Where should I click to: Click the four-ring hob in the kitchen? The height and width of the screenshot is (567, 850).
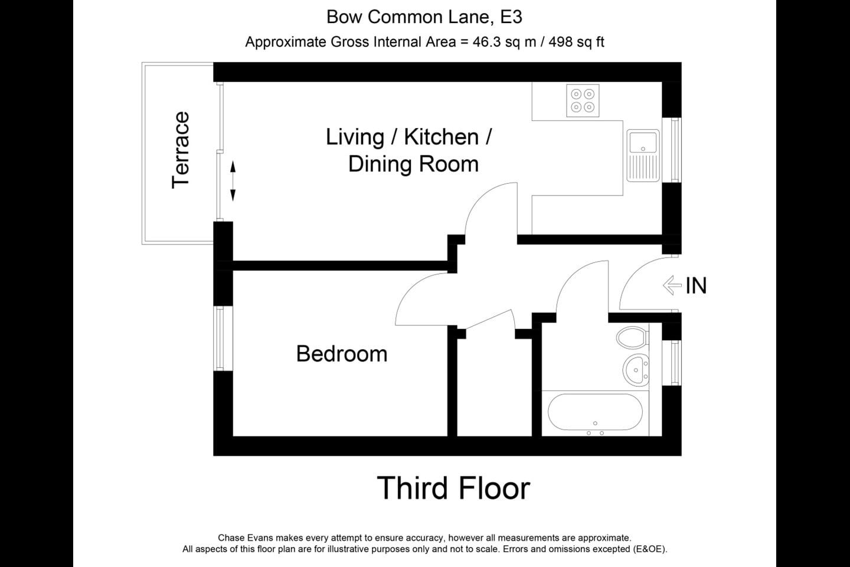click(x=583, y=100)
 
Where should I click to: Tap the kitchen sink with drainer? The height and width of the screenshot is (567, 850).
click(x=643, y=155)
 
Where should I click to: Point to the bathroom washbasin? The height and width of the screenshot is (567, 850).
click(x=636, y=370)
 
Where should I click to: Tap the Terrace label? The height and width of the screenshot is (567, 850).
click(x=180, y=150)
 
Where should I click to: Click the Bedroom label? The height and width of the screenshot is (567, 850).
click(x=342, y=354)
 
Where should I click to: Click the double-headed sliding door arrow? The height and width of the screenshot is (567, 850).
click(x=233, y=181)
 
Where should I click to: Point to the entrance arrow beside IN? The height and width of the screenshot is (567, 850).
click(x=672, y=285)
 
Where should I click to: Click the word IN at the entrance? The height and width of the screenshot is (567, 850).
click(x=696, y=286)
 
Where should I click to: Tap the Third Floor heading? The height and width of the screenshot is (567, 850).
click(x=453, y=488)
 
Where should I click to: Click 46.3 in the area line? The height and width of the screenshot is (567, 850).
click(x=487, y=42)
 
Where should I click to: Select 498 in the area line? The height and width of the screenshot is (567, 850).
click(x=561, y=42)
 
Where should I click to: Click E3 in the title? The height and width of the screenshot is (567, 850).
click(x=511, y=17)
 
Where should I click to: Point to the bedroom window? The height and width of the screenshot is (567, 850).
click(x=220, y=338)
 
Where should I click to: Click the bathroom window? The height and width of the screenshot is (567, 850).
click(x=674, y=363)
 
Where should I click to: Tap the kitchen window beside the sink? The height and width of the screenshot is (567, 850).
click(x=674, y=150)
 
